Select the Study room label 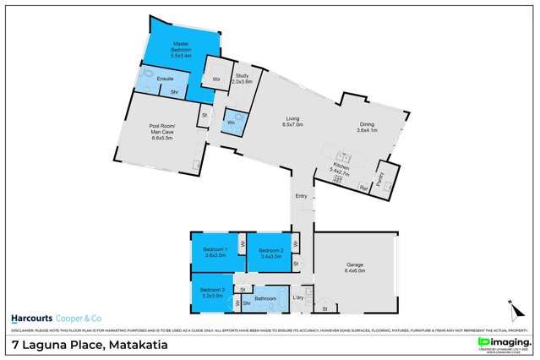(x=243, y=78)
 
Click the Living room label (x=292, y=122)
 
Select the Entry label (x=301, y=196)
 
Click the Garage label (x=353, y=269)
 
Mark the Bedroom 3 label (x=212, y=293)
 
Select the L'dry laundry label (x=297, y=297)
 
